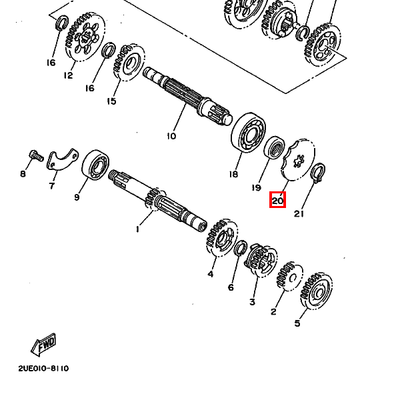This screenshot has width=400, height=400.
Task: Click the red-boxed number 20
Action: pyautogui.click(x=277, y=199)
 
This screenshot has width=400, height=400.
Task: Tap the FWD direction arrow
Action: pyautogui.click(x=44, y=345)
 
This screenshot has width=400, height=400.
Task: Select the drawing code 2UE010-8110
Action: pyautogui.click(x=43, y=368)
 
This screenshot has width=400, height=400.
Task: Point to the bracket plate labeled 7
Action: pyautogui.click(x=61, y=161)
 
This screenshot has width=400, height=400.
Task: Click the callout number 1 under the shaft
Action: pyautogui.click(x=137, y=229)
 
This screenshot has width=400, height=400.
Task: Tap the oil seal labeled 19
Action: pyautogui.click(x=273, y=148)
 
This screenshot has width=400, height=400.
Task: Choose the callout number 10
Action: pyautogui.click(x=171, y=136)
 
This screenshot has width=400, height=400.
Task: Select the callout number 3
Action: pyautogui.click(x=252, y=302)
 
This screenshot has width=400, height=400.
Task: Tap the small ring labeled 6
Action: pyautogui.click(x=241, y=249)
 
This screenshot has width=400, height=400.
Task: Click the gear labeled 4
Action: pyautogui.click(x=220, y=239)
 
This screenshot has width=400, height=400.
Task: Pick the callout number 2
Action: pyautogui.click(x=273, y=311)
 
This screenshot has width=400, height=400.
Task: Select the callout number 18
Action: pyautogui.click(x=233, y=175)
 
